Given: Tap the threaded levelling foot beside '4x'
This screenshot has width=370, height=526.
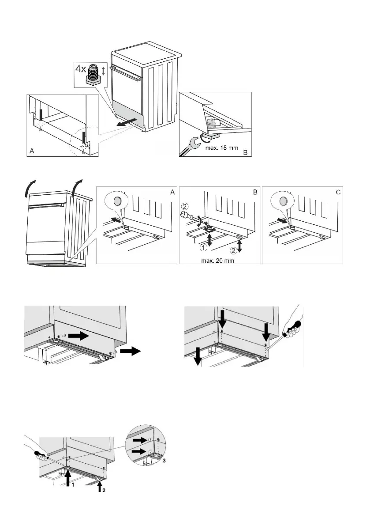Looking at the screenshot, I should pos(93,73).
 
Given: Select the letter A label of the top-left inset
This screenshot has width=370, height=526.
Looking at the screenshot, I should pos(32,151).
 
